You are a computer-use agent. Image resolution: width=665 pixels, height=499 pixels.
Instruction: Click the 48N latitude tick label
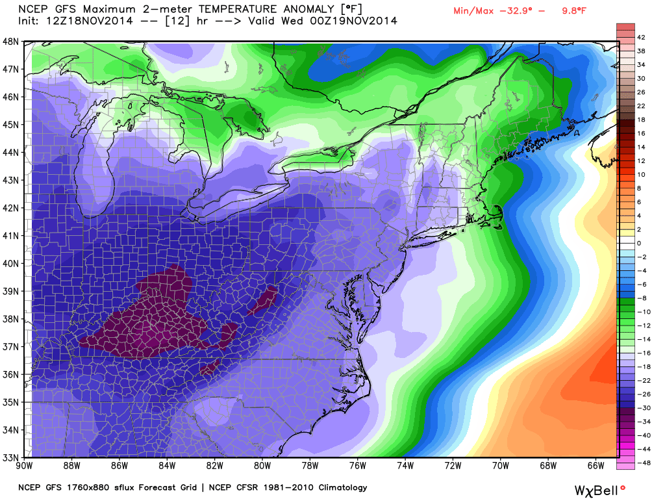pyautogui.click(x=12, y=41)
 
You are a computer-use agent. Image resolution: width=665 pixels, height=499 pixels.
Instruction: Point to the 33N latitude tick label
pyautogui.click(x=12, y=457)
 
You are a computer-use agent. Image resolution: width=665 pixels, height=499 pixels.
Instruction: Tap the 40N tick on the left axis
pyautogui.click(x=12, y=263)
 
